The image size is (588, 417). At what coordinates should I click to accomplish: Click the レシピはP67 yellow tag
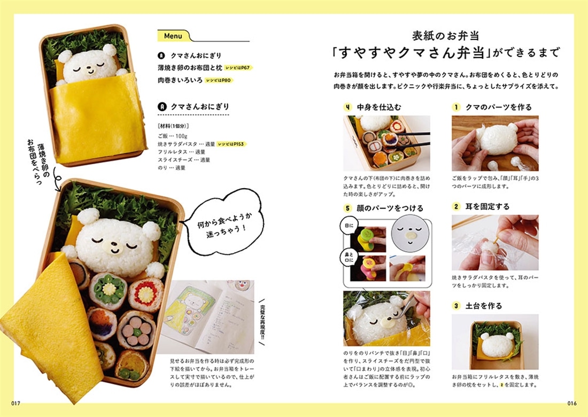236,68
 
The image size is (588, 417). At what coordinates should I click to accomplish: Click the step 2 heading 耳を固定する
488,206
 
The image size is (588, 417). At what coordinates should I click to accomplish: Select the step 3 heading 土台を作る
484,306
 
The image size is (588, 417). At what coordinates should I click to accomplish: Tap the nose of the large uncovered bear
114,247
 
